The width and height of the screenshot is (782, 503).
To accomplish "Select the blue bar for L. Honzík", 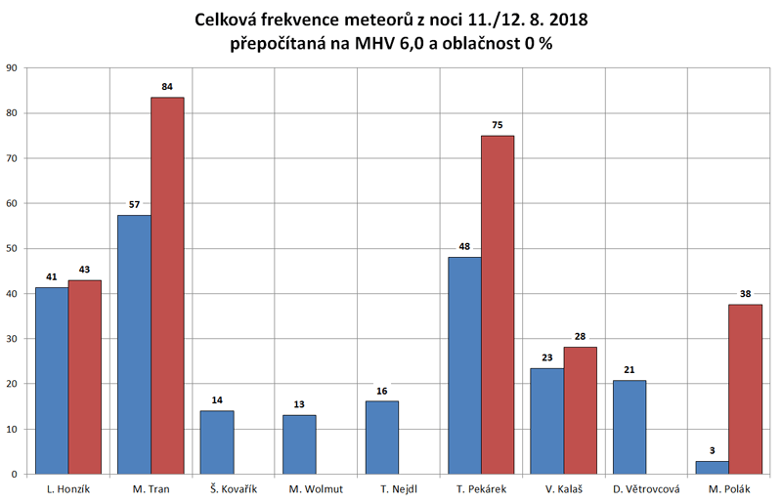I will (x=52, y=380).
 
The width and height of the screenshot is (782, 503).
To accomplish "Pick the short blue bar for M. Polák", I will (x=712, y=468).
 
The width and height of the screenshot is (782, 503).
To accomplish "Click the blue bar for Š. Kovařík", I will (x=217, y=442).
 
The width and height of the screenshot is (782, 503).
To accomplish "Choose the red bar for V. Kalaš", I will (x=580, y=410).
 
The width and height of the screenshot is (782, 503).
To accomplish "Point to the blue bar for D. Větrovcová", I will (x=630, y=427).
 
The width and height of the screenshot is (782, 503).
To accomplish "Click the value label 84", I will (x=167, y=87).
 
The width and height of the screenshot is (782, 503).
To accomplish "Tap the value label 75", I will (x=498, y=125).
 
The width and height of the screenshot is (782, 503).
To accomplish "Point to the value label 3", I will (x=712, y=451).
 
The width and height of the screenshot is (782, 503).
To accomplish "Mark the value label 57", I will (x=134, y=206).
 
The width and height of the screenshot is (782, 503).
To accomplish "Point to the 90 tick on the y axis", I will (x=12, y=68).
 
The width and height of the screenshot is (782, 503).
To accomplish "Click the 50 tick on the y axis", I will (x=12, y=249).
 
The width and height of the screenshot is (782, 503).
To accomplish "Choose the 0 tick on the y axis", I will (x=15, y=475).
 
